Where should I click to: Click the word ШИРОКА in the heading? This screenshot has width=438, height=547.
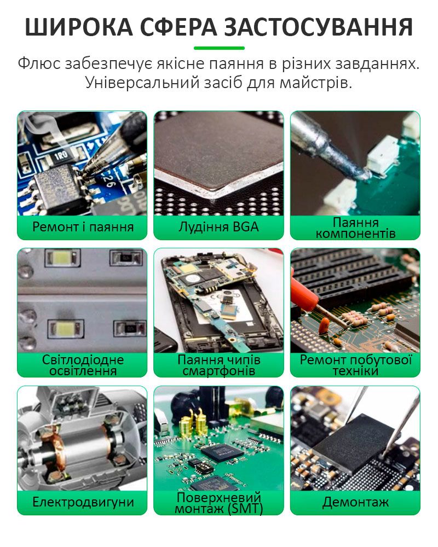coord(79,27)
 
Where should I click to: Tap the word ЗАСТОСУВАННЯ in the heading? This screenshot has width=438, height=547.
coord(318,27)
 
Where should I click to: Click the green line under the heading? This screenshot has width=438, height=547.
coord(219,48)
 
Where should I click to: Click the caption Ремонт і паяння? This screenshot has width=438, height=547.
coord(83,227)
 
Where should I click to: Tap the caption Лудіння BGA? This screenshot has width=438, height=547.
coord(218,227)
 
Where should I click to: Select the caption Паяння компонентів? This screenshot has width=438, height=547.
coord(355,228)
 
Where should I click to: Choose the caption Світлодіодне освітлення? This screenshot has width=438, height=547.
coord(83,365)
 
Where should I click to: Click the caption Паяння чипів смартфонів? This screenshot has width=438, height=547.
coord(218,365)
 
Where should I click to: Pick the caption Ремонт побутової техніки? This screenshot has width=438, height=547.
coord(355,365)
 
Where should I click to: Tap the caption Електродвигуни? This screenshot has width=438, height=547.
coord(83,502)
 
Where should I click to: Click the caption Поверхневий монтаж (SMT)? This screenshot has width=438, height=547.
coord(218,503)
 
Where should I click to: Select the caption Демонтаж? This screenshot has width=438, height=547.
coord(355,502)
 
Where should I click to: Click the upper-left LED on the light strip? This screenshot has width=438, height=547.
coord(62,258)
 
